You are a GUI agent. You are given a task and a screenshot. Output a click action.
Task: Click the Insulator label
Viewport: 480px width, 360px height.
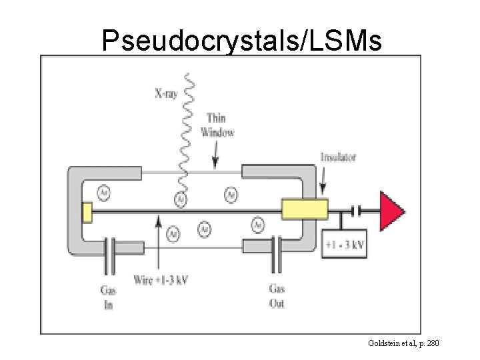coord(338,157)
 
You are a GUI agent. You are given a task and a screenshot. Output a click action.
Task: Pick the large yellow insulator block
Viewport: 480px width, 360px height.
coord(305,209)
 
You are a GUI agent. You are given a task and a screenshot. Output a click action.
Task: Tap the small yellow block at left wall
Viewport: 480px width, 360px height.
coord(86,213)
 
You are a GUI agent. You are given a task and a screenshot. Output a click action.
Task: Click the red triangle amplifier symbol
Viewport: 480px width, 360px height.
coord(391,211)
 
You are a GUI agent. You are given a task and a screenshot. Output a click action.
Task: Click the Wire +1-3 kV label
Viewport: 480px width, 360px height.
coord(161,279)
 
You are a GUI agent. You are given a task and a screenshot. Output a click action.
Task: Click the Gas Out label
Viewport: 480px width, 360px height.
coord(277,296)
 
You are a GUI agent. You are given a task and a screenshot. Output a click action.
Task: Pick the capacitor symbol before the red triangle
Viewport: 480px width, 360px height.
coord(357,211)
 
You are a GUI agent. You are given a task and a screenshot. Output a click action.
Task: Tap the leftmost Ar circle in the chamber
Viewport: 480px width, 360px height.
coord(103,193)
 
